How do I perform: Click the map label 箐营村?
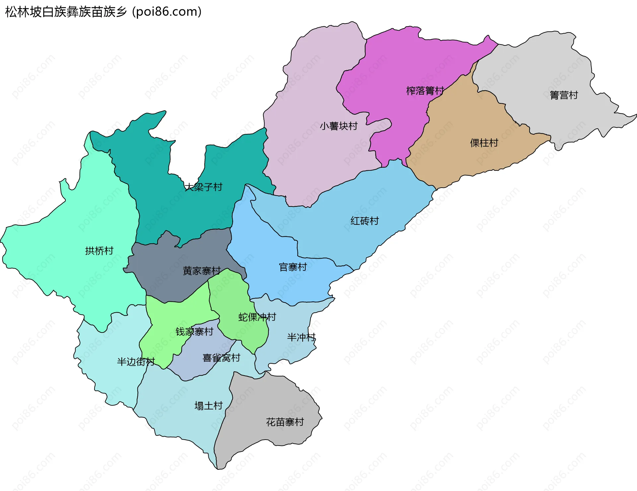(564, 95)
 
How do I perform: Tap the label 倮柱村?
(484, 143)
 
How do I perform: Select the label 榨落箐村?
(425, 91)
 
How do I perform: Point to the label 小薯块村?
(338, 126)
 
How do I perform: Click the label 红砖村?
(364, 221)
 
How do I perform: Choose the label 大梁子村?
(203, 187)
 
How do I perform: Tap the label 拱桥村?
(99, 251)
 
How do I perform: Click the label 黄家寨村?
(201, 271)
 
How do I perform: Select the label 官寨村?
(293, 267)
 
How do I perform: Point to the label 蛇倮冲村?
(257, 317)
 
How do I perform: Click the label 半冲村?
(301, 337)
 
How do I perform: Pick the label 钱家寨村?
(194, 332)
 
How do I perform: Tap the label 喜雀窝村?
(221, 358)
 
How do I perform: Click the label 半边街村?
(136, 361)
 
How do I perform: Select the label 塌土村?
(208, 405)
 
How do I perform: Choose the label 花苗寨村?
(285, 422)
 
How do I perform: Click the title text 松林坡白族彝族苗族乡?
(66, 12)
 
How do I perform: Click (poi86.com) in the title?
(167, 12)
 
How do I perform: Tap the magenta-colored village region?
(398, 66)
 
